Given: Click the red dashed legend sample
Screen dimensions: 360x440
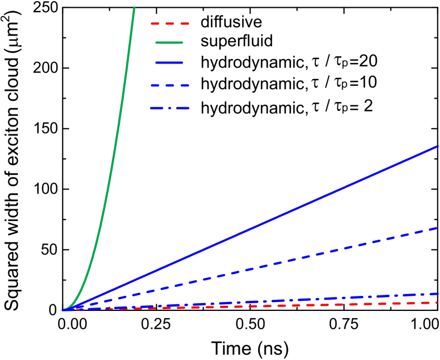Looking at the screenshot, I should (x=170, y=23).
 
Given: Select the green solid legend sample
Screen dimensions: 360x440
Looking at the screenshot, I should (x=169, y=42).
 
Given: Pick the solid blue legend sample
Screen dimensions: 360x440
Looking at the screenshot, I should (x=169, y=62).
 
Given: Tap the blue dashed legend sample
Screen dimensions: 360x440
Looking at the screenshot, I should (x=170, y=85).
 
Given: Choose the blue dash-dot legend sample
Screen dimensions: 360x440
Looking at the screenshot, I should (x=170, y=108).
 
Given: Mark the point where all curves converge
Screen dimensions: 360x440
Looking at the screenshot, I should (x=63, y=309).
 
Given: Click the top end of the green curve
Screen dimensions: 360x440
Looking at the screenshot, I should (x=134, y=7).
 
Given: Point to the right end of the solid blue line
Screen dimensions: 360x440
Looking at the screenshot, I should (x=438, y=147).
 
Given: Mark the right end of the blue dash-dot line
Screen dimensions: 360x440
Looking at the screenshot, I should (x=437, y=293).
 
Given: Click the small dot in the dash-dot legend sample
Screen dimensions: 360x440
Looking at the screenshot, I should (x=170, y=108).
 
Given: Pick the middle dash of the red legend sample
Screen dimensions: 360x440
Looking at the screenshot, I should (x=170, y=23).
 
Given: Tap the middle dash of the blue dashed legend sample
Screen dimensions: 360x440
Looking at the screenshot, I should (x=170, y=85).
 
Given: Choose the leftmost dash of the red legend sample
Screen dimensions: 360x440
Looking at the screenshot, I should (x=155, y=23).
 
